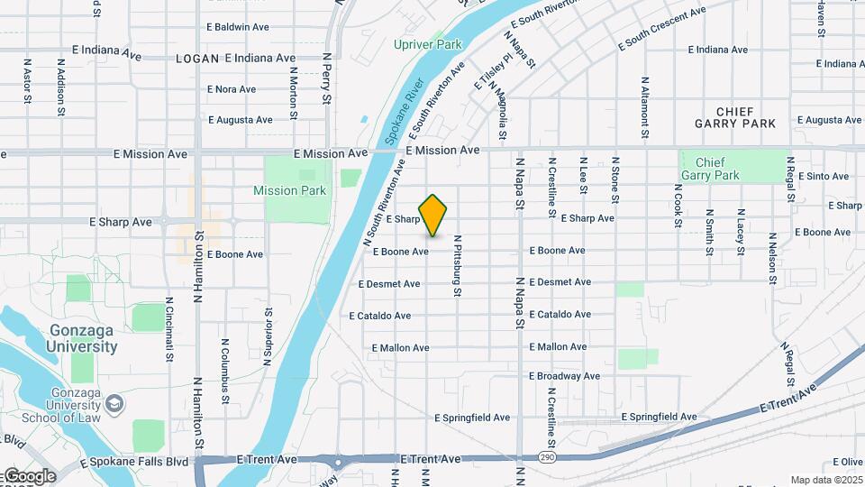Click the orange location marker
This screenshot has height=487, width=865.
point(433,215)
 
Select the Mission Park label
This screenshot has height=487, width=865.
point(289,190)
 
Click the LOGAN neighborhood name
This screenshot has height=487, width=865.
point(197,58)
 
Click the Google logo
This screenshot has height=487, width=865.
point(29,475)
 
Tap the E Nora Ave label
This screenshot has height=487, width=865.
point(232,89)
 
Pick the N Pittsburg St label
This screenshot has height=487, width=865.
point(458,266)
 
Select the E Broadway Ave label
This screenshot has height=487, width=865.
point(564,375)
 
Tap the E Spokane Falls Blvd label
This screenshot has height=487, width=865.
point(134,462)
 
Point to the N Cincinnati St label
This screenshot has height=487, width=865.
point(169,329)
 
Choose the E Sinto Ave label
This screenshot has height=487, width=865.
point(824,176)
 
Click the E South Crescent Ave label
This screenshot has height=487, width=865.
point(661,30)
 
